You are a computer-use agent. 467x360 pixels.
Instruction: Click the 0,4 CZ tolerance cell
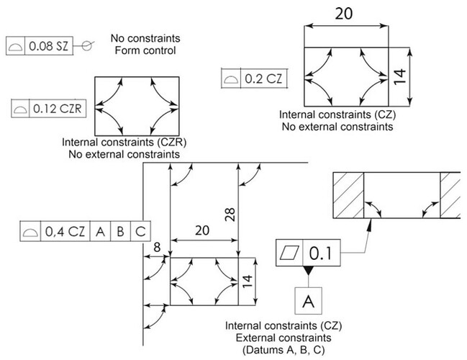coord(66,232)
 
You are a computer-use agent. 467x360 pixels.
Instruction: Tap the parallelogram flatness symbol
coord(290,254)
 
